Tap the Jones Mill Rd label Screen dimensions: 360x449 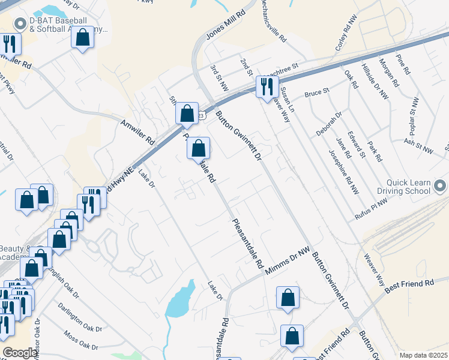[x=226, y=24]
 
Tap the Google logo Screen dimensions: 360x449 [x=20, y=353]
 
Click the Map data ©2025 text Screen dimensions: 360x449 [x=423, y=355]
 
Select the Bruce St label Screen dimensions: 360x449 [x=317, y=94]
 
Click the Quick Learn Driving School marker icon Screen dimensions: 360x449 [x=441, y=185]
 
